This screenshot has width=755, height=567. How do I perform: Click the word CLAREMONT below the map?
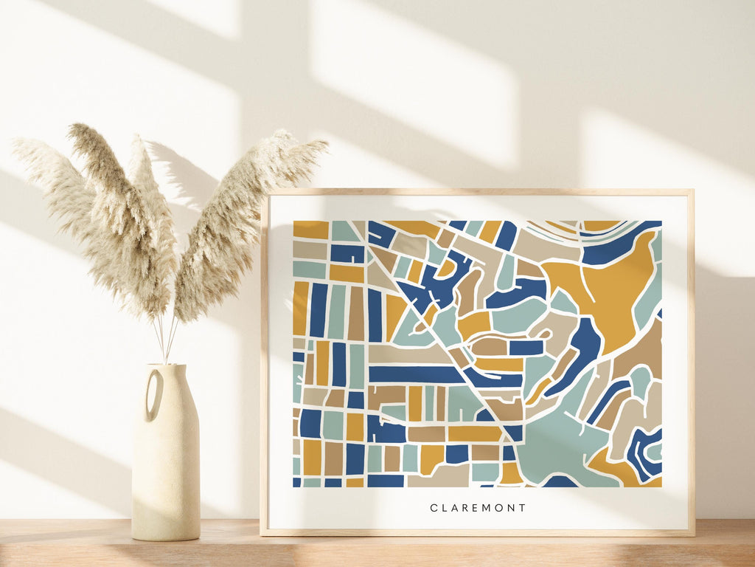pos(478,508)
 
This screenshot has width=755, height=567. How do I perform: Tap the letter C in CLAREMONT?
pos(434,508)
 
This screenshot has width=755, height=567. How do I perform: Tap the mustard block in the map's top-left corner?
pos(310,230)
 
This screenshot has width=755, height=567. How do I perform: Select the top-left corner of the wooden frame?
pos(264,193)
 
